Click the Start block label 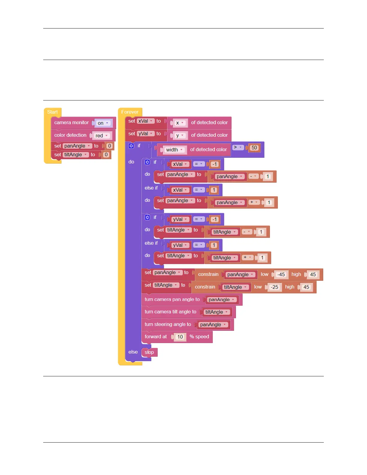click(x=52, y=112)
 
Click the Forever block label click(x=130, y=112)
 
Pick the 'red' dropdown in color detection click(x=101, y=136)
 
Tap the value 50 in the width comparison click(x=254, y=148)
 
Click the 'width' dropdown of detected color click(x=174, y=150)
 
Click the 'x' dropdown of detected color click(x=180, y=123)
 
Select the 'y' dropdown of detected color click(x=180, y=135)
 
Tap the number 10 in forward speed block click(x=180, y=337)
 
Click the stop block click(x=149, y=352)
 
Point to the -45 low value click(x=281, y=274)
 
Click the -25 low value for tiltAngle click(x=274, y=287)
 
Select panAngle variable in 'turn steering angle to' click(x=213, y=324)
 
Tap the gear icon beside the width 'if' click(x=131, y=146)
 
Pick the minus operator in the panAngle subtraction click(x=253, y=176)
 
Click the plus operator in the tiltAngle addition click(x=247, y=257)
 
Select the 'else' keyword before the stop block click(x=133, y=352)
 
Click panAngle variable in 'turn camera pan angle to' click(x=221, y=300)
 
